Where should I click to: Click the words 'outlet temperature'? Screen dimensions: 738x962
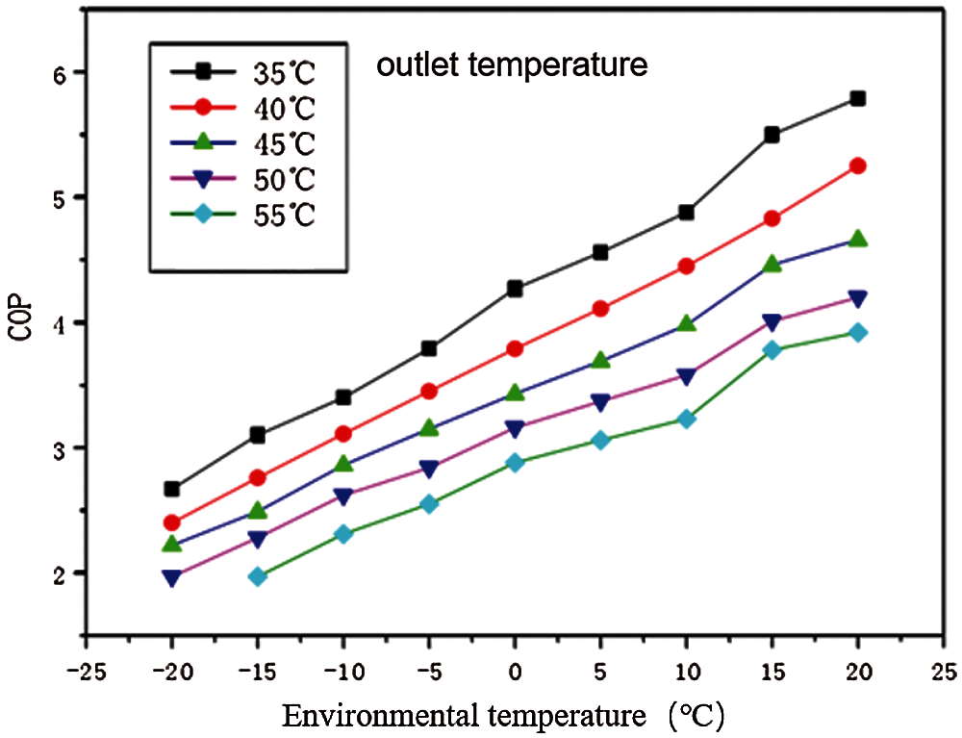(x=510, y=65)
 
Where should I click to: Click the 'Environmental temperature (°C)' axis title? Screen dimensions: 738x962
(x=501, y=715)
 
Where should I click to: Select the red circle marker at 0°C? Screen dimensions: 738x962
(x=515, y=348)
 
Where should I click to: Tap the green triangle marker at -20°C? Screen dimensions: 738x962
(x=172, y=545)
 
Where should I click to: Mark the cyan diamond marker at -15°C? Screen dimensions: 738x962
(x=258, y=576)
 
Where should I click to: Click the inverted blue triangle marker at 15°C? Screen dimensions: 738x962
(x=772, y=322)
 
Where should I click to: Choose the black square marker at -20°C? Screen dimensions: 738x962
(x=172, y=489)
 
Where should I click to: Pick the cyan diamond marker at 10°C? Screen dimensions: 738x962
(x=686, y=419)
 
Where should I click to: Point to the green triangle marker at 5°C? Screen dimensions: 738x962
(x=600, y=360)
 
